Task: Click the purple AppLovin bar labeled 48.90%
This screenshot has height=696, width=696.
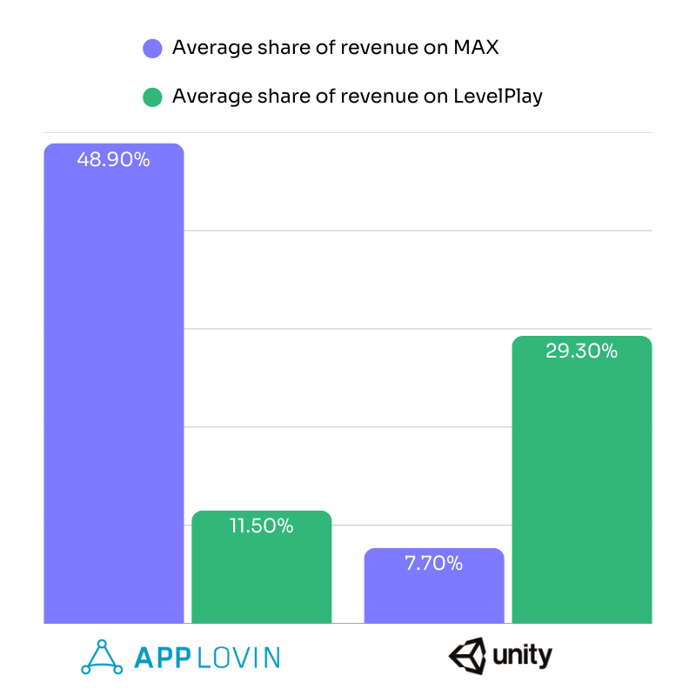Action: pos(114,391)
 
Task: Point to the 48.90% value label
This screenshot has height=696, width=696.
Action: pos(114,160)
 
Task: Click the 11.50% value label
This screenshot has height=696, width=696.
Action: pos(261,526)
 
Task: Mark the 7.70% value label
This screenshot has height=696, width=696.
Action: pos(434,564)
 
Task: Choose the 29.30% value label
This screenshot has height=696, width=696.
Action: pos(582,351)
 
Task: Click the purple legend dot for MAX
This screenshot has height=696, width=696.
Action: pos(152,48)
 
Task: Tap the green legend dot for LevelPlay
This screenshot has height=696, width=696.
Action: pos(152,97)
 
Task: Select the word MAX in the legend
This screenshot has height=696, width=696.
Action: pos(476,48)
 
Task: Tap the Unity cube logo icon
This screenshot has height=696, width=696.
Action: pos(467,655)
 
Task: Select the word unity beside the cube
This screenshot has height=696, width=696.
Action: pos(521,655)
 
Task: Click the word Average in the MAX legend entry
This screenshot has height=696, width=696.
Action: pos(206,48)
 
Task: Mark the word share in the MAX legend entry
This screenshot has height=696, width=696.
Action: pos(271,48)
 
